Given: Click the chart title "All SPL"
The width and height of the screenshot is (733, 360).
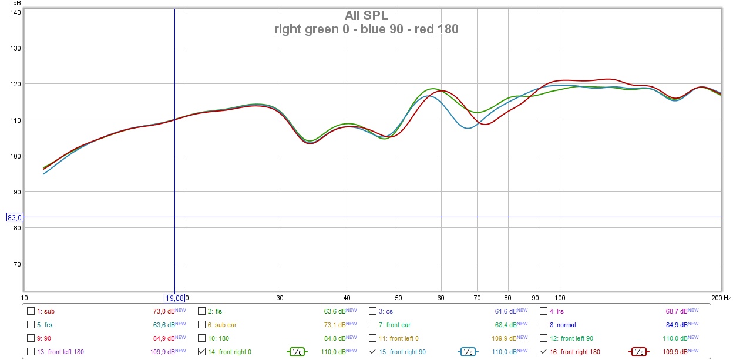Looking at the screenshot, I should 366,16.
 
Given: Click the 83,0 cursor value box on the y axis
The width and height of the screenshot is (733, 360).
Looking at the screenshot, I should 14,217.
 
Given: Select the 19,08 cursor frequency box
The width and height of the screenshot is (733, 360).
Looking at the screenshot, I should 174,298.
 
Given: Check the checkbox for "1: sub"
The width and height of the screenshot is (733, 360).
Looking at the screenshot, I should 31,311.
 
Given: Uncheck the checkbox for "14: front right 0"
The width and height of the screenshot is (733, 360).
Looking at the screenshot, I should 202,352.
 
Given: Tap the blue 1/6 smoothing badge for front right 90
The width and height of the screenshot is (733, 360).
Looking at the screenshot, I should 468,352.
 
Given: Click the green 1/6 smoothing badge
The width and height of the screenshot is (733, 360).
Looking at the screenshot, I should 298,352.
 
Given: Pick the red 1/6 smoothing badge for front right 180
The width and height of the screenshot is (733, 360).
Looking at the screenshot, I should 639,352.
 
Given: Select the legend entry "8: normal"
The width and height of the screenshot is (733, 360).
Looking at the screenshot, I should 563,325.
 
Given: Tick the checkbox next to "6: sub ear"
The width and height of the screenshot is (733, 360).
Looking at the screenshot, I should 202,325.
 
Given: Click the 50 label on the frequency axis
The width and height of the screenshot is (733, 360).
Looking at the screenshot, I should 398,298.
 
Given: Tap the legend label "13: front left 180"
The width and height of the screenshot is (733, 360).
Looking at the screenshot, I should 61,352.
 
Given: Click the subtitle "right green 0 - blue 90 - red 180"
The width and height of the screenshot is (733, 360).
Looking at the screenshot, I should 366,29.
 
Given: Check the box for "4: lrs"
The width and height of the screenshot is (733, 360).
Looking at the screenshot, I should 543,311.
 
